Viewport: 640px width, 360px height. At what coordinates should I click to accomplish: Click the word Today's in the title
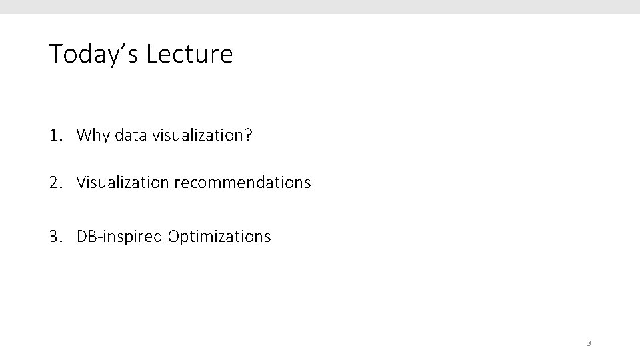(93, 54)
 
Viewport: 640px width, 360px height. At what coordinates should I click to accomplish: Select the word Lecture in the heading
(189, 54)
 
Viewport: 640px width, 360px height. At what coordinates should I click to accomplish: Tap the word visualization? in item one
(201, 136)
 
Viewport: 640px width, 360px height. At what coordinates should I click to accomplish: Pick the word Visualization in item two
(123, 182)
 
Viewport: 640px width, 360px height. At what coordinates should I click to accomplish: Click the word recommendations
(243, 182)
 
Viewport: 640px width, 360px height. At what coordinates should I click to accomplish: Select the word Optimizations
(219, 237)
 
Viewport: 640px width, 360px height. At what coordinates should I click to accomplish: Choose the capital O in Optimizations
(174, 237)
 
